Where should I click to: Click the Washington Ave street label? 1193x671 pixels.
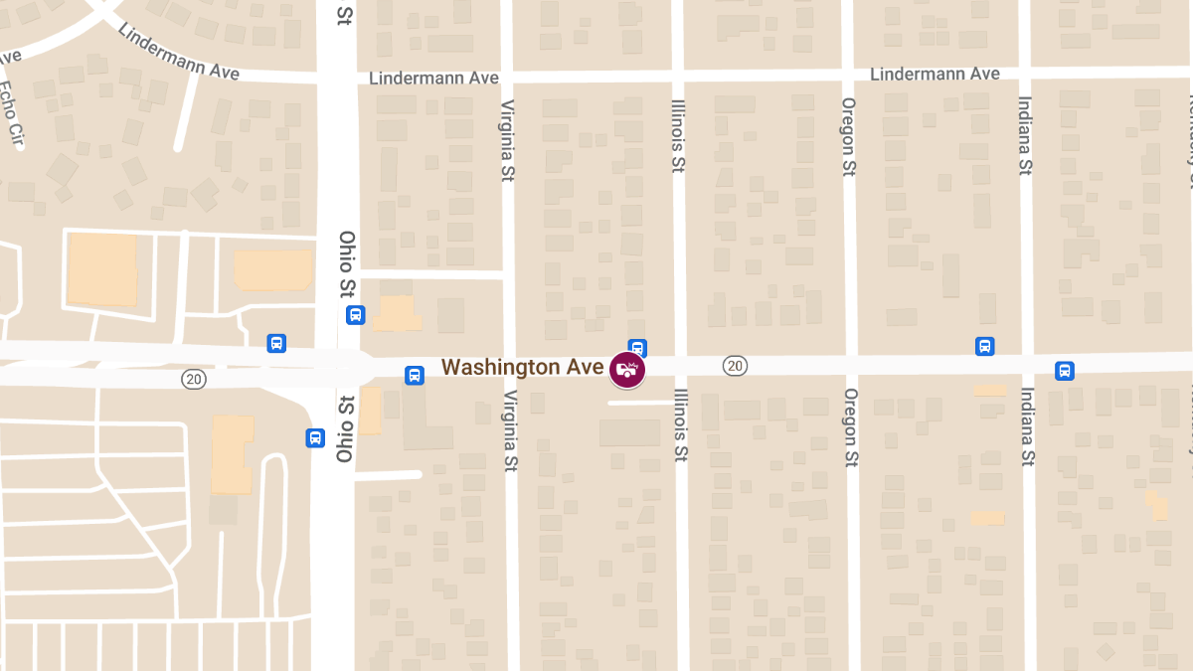[522, 367]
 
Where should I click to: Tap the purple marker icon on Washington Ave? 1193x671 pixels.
[627, 370]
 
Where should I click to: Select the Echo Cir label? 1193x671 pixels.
[11, 112]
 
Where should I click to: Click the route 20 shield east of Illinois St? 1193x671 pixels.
[735, 367]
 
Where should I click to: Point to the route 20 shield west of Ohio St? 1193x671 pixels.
[194, 379]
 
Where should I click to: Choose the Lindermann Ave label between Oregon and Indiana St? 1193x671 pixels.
[935, 75]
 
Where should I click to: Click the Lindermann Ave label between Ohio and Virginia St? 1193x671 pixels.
[433, 79]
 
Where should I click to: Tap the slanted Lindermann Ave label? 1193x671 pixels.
[178, 51]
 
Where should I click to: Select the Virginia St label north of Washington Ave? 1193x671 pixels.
[508, 140]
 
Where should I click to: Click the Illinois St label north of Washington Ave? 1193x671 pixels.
[677, 136]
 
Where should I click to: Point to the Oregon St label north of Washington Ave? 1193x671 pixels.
[848, 137]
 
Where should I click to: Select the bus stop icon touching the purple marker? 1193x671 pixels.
[638, 348]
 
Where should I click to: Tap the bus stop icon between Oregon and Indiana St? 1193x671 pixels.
[985, 346]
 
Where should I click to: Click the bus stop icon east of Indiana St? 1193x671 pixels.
[1065, 371]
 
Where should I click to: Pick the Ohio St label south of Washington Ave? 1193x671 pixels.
[344, 429]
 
